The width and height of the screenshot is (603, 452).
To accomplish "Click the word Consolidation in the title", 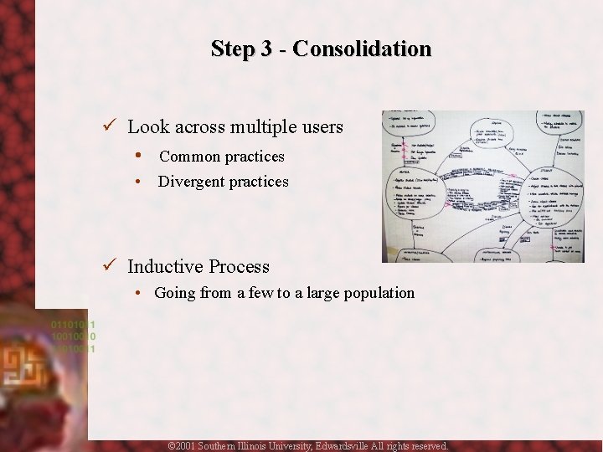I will pyautogui.click(x=362, y=49).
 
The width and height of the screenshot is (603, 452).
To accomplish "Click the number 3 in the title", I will pyautogui.click(x=265, y=49).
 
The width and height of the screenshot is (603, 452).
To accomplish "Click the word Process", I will pyautogui.click(x=239, y=267).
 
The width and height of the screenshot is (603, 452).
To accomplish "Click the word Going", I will pyautogui.click(x=174, y=293).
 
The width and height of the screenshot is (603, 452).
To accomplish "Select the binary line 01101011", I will pyautogui.click(x=74, y=324).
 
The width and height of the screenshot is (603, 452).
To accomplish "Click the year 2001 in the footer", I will pyautogui.click(x=183, y=446).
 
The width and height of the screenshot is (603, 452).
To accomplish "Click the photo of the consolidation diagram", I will pyautogui.click(x=472, y=187).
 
